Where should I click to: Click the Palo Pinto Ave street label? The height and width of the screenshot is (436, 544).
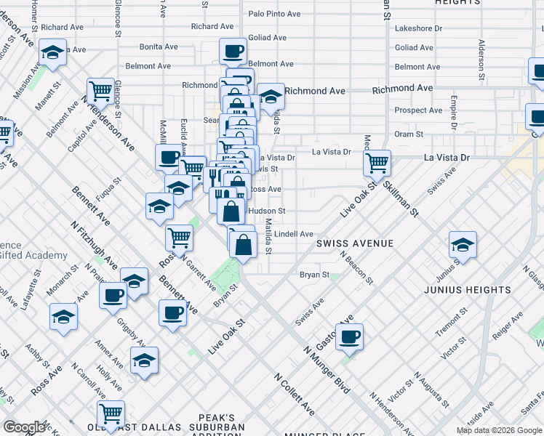(x=274, y=14)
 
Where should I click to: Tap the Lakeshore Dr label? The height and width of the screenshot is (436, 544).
(x=418, y=29)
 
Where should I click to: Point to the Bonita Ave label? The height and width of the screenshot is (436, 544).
(x=159, y=47)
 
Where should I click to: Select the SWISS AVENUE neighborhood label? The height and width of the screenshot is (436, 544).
(x=355, y=243)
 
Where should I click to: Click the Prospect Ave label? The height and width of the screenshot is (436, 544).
(x=418, y=110)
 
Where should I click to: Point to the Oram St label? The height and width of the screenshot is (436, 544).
(x=409, y=134)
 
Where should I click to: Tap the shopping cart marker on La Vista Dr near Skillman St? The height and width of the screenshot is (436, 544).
(x=377, y=163)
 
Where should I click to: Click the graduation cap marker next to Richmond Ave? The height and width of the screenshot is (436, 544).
(x=270, y=95)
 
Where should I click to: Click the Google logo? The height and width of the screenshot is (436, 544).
(x=25, y=427)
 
